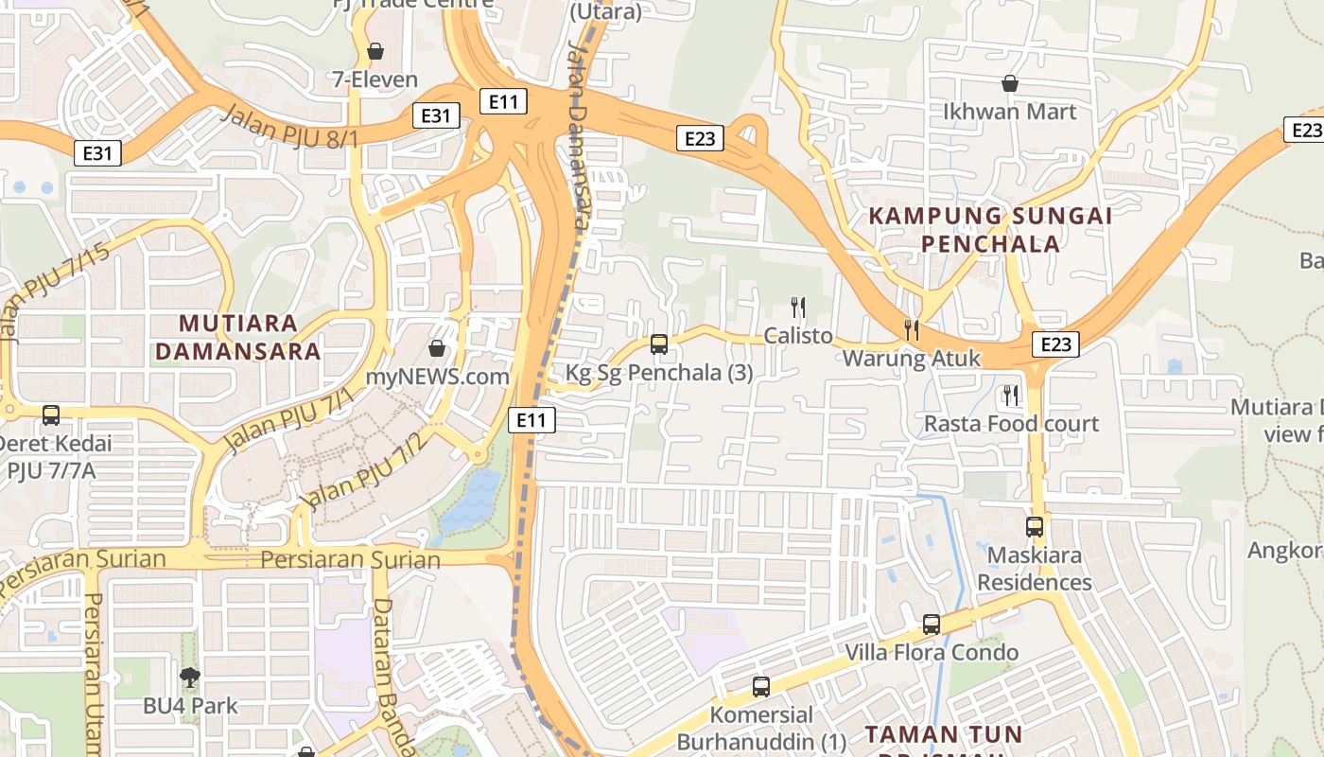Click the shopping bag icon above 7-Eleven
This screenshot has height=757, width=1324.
pyautogui.click(x=375, y=50)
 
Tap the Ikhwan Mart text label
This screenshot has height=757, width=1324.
pyautogui.click(x=1009, y=112)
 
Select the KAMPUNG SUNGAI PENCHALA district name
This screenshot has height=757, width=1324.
pyautogui.click(x=990, y=229)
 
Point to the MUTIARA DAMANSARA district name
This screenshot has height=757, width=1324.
pyautogui.click(x=237, y=337)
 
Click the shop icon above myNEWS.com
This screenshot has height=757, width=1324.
pyautogui.click(x=437, y=348)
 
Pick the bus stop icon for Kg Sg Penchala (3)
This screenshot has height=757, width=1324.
pyautogui.click(x=659, y=344)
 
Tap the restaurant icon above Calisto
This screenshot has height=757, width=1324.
pyautogui.click(x=798, y=307)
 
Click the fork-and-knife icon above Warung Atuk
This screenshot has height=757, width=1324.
pyautogui.click(x=912, y=329)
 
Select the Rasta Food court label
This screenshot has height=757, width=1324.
pyautogui.click(x=1011, y=423)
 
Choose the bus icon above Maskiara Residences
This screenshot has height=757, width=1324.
pyautogui.click(x=1035, y=526)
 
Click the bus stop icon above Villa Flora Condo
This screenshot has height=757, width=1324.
pyautogui.click(x=932, y=624)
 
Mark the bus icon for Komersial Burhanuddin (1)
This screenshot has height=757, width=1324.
pyautogui.click(x=761, y=686)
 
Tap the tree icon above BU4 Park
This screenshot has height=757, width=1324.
pyautogui.click(x=190, y=677)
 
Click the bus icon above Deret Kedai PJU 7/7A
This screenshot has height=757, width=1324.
pyautogui.click(x=51, y=414)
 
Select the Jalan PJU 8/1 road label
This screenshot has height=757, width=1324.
pyautogui.click(x=289, y=127)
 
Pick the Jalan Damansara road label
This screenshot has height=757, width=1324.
pyautogui.click(x=579, y=132)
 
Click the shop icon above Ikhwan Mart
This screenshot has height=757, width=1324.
pyautogui.click(x=1009, y=83)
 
